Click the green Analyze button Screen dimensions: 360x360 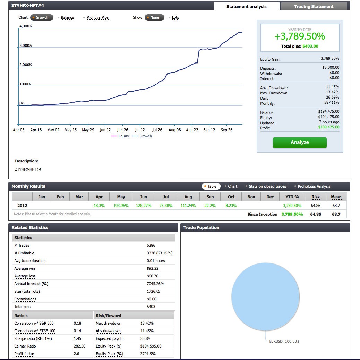tap(300, 143)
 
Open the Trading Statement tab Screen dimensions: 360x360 tap(314, 7)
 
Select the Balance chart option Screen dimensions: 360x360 tap(67, 17)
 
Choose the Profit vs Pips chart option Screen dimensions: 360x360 tap(97, 17)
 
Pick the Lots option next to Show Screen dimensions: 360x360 tap(175, 17)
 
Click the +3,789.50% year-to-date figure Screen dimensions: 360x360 tap(300, 36)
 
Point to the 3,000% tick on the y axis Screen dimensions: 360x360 tap(25, 46)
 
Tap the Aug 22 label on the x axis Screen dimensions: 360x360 tap(192, 130)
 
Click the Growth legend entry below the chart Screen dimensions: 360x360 tap(145, 136)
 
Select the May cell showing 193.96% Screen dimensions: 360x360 tap(121, 206)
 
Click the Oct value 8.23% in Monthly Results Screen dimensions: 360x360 tap(231, 206)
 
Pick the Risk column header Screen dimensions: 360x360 tap(316, 197)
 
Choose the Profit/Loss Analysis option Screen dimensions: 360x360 tap(314, 186)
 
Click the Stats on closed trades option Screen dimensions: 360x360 tap(267, 186)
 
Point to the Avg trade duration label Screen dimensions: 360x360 tap(30, 261)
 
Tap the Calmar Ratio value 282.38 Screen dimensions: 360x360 tap(79, 346)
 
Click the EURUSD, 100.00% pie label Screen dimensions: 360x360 tap(284, 341)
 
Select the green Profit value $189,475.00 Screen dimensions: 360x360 tap(329, 127)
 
